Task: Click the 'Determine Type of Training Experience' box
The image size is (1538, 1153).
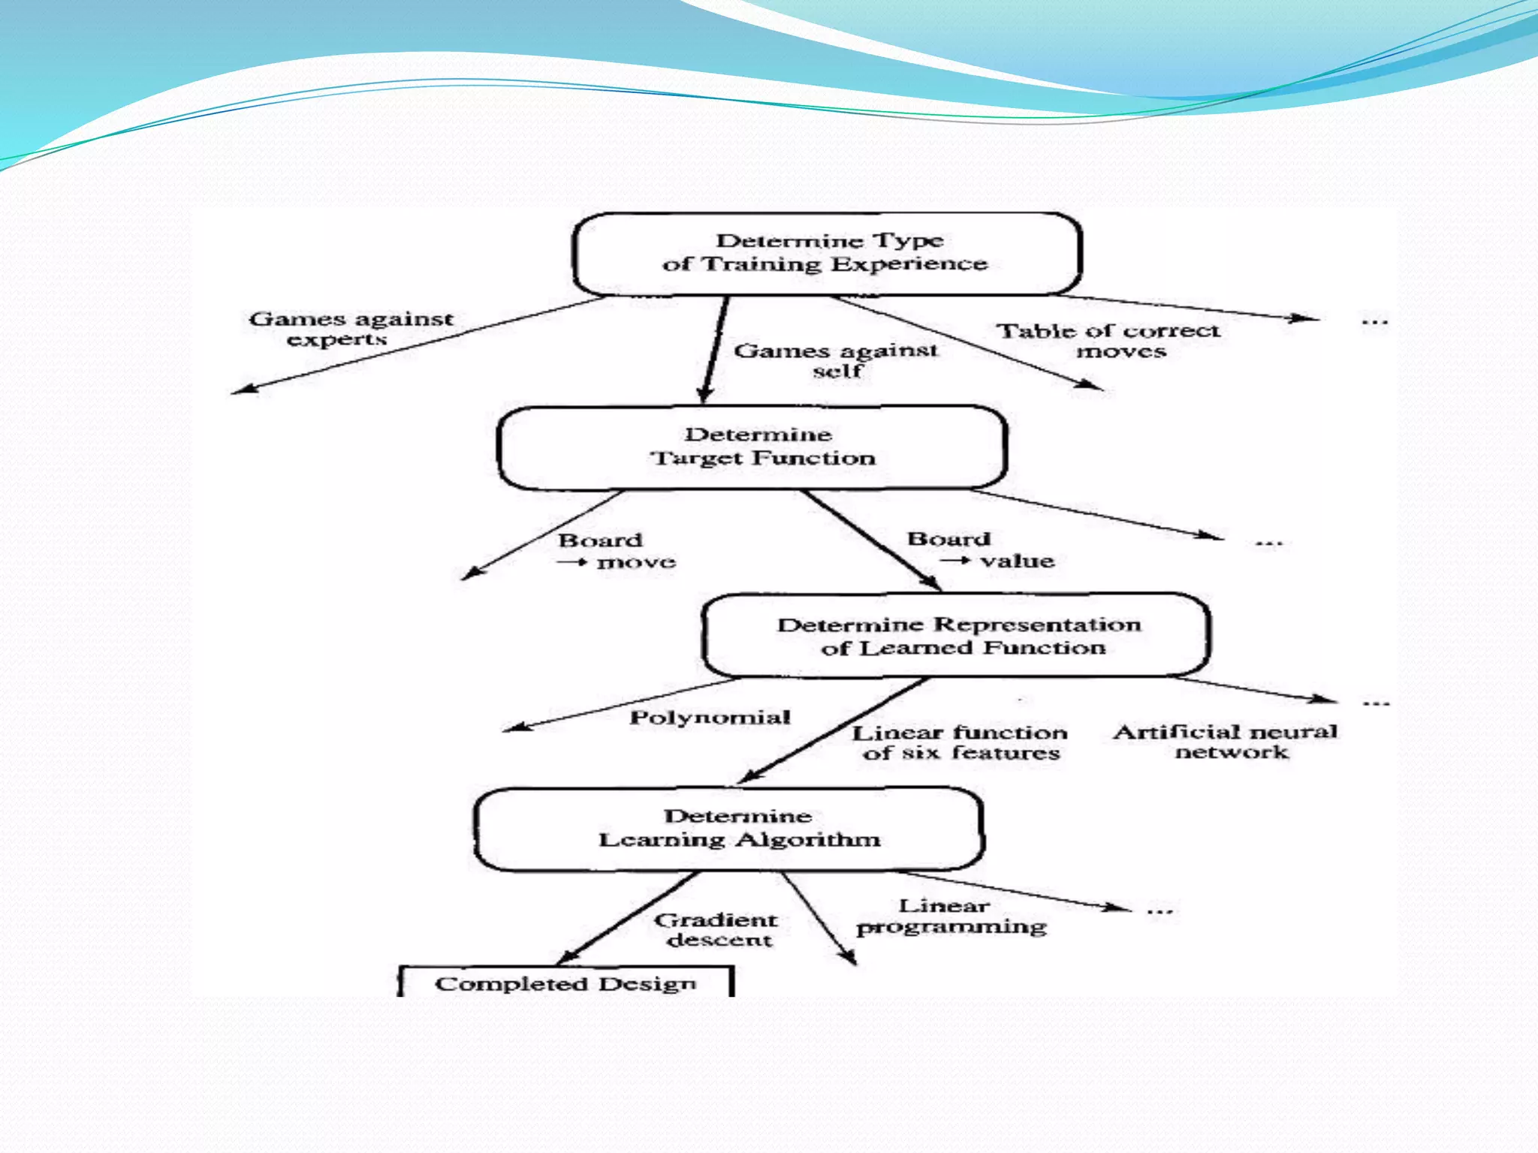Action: pyautogui.click(x=826, y=253)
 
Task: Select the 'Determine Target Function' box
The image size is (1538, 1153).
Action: pyautogui.click(x=752, y=447)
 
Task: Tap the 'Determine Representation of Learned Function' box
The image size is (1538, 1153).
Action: pyautogui.click(x=956, y=636)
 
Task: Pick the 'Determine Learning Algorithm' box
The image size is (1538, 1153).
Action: pyautogui.click(x=728, y=829)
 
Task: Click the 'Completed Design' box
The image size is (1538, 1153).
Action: pyautogui.click(x=565, y=983)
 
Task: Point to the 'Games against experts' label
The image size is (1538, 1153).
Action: pyautogui.click(x=351, y=329)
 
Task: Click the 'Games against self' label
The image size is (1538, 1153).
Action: pyautogui.click(x=836, y=360)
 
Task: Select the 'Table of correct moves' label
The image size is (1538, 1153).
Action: pyautogui.click(x=1108, y=341)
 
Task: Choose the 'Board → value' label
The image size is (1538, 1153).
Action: pyautogui.click(x=980, y=550)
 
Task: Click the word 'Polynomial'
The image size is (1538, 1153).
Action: pyautogui.click(x=710, y=718)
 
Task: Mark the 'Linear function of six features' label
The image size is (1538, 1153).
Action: pyautogui.click(x=960, y=742)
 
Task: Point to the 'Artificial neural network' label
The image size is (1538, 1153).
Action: pyautogui.click(x=1226, y=742)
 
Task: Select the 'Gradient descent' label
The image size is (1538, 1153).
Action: pyautogui.click(x=716, y=930)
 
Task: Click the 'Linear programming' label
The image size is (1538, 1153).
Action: pyautogui.click(x=951, y=917)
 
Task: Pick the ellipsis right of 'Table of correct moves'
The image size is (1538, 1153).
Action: pyautogui.click(x=1374, y=321)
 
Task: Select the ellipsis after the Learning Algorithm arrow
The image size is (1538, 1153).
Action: pyautogui.click(x=1160, y=911)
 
